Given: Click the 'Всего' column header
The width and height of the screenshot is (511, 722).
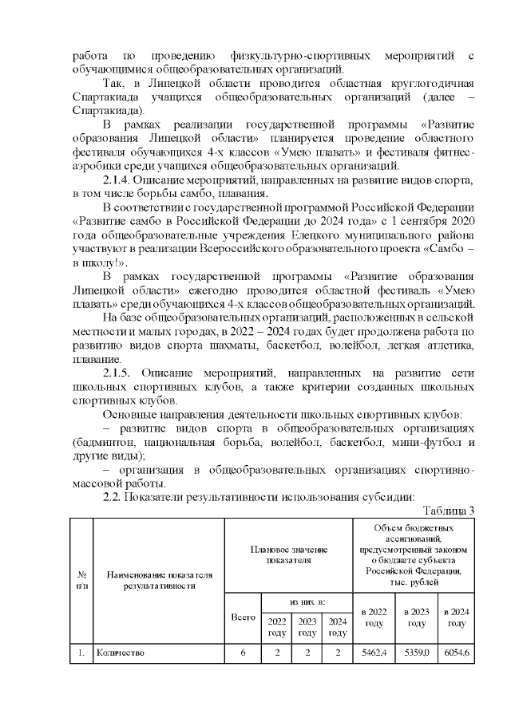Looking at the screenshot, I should [x=243, y=617].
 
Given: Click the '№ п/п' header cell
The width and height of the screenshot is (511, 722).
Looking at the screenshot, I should [x=82, y=580].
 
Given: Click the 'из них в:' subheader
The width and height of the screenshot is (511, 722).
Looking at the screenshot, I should [x=307, y=600].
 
